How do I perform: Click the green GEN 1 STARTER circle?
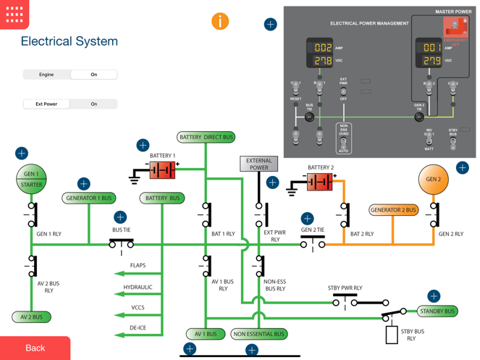click(x=31, y=180)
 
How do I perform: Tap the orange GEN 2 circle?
click(x=433, y=180)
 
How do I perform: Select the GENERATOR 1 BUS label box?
click(x=89, y=198)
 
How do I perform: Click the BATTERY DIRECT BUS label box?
click(x=206, y=137)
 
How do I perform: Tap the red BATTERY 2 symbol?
click(x=319, y=182)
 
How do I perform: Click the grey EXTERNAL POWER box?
click(x=258, y=164)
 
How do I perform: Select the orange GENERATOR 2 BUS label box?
click(x=393, y=210)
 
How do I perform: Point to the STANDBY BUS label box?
click(x=437, y=311)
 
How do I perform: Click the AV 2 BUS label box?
click(x=31, y=317)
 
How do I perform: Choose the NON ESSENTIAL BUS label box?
click(x=258, y=334)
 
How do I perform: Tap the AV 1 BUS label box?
click(x=206, y=334)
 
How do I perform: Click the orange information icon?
click(x=220, y=21)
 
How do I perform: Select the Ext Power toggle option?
click(x=46, y=104)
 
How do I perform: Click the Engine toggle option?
click(x=46, y=75)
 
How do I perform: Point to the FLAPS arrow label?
click(x=138, y=266)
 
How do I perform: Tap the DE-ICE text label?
click(x=138, y=328)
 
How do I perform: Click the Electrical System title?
click(x=69, y=41)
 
